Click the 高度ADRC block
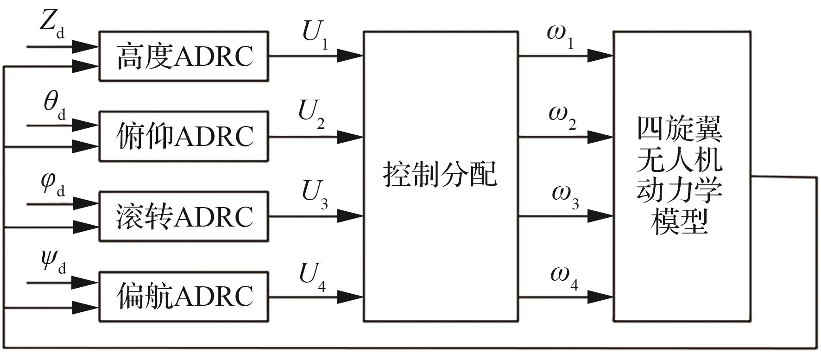pos(184,56)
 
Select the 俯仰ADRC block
pos(184,136)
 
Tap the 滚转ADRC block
pos(184,216)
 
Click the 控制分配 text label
pos(440,175)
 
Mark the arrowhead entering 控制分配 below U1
pos(351,56)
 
